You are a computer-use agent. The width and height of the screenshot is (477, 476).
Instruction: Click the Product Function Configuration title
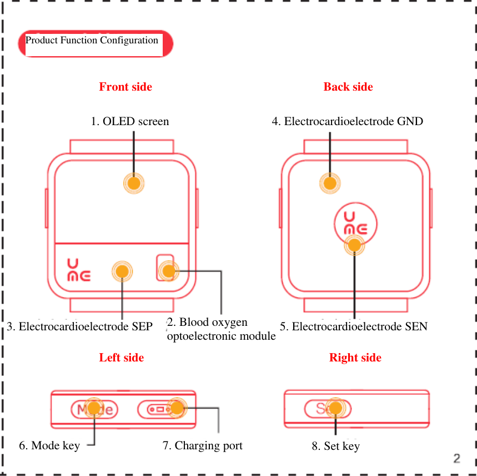(x=92, y=41)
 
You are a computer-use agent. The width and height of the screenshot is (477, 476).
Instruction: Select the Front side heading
(x=125, y=87)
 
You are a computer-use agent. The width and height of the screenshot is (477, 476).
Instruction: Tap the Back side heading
(x=348, y=87)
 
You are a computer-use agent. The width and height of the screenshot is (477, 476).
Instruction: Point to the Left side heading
(x=122, y=358)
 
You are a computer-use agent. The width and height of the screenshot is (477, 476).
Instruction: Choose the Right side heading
(x=355, y=358)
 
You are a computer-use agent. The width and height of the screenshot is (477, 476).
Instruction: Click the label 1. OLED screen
(x=130, y=121)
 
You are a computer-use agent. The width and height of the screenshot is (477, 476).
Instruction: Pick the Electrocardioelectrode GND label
(x=347, y=121)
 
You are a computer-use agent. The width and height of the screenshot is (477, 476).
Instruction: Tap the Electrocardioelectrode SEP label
(x=80, y=326)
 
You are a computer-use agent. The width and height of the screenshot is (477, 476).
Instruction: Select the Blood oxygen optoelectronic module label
(x=221, y=329)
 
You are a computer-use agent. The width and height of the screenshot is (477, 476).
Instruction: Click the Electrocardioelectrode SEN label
(x=354, y=326)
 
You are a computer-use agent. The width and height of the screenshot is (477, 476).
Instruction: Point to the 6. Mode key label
(x=49, y=445)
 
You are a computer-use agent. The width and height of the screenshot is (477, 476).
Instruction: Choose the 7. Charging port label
(x=203, y=445)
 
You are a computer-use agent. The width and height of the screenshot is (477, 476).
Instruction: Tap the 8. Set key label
(x=335, y=446)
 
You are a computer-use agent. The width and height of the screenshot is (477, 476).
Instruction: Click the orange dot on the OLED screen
(x=134, y=184)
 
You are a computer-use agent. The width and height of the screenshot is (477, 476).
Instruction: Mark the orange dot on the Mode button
(x=94, y=408)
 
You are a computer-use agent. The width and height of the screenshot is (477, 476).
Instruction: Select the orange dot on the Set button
(x=335, y=408)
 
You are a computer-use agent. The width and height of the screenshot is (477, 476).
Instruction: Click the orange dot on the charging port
(x=177, y=408)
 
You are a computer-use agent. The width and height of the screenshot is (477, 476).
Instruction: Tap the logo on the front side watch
(x=78, y=270)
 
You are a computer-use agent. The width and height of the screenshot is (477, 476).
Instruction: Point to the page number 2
(x=456, y=458)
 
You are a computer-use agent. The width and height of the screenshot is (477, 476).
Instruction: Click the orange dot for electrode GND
(x=330, y=183)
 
